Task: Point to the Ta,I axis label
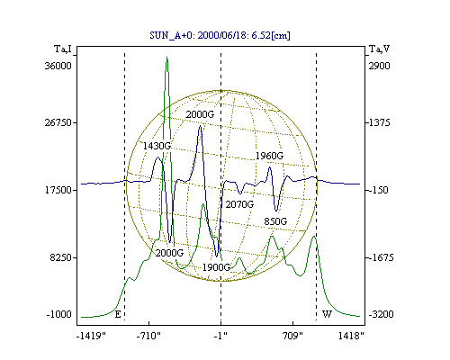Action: coord(63,49)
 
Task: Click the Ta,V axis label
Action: coord(379,49)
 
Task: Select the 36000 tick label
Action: coord(58,66)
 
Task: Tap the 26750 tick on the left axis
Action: coord(58,122)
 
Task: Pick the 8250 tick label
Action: coord(61,257)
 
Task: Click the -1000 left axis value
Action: coord(59,315)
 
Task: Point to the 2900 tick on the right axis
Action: coord(380,66)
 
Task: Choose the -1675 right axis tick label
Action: coord(381,257)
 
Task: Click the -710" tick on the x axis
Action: coord(148,336)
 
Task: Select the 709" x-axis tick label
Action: coord(292,336)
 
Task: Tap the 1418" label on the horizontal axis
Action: coord(351,336)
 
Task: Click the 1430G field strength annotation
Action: coord(157,146)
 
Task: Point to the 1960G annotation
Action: coord(269,156)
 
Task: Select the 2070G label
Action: coord(239,204)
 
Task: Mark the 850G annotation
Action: coord(275,221)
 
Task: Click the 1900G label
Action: coord(216,267)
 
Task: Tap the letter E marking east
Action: coord(118,314)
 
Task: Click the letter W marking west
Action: coord(327,314)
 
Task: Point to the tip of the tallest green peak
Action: coord(166,57)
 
